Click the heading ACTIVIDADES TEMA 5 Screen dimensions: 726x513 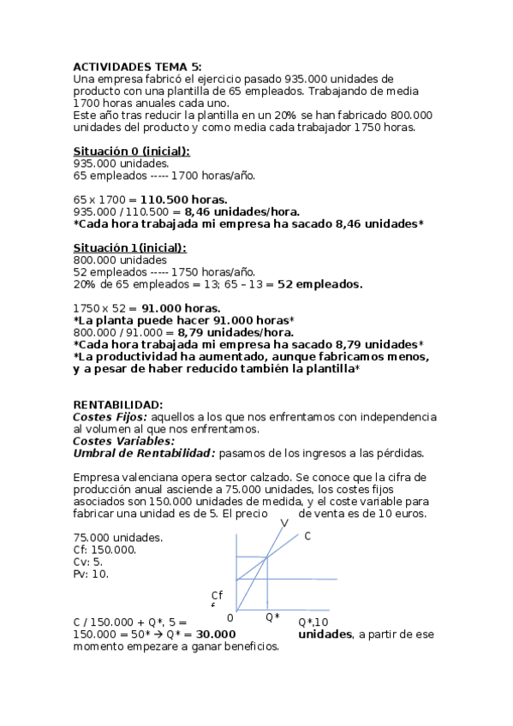(138, 66)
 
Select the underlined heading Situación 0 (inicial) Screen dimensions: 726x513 (132, 152)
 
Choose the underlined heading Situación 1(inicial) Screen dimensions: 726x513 (130, 247)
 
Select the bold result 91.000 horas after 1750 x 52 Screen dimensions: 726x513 (179, 308)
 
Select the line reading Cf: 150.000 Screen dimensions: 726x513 (104, 550)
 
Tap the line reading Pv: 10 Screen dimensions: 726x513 (91, 574)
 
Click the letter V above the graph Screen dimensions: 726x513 (283, 522)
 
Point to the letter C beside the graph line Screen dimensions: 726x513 (307, 536)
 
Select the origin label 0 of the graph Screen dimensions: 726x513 (230, 617)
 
